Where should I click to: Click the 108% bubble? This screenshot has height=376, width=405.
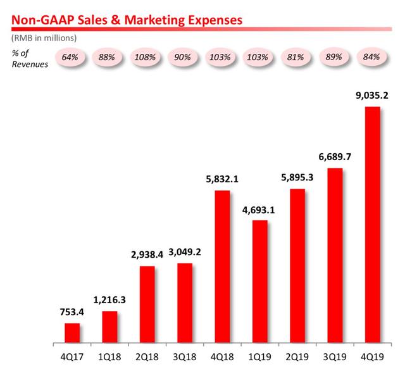pyautogui.click(x=147, y=57)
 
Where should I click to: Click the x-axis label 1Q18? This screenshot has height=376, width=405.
pyautogui.click(x=109, y=356)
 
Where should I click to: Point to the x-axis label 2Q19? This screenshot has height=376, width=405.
pyautogui.click(x=297, y=356)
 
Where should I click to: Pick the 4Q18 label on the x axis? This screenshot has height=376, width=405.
pyautogui.click(x=221, y=356)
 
